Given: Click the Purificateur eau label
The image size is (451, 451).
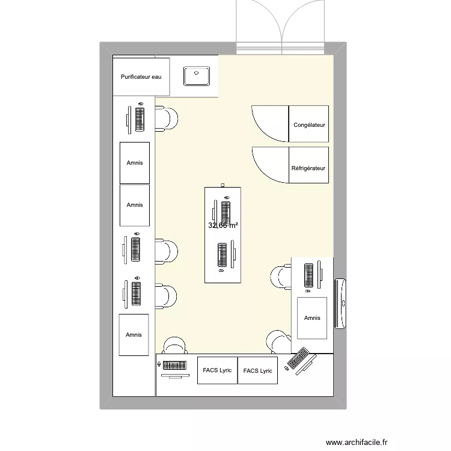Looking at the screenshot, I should (141, 77).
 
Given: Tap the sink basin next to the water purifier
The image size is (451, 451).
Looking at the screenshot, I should (197, 76).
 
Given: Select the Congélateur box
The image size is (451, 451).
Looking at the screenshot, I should (309, 124).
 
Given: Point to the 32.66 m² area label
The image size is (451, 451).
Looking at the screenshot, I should (222, 226).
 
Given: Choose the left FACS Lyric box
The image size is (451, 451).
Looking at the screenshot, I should (217, 370).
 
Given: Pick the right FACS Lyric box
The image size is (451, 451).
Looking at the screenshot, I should (257, 370).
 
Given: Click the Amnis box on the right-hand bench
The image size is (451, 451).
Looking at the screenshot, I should (312, 318).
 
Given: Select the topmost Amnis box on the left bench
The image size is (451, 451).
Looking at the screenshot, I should (135, 162).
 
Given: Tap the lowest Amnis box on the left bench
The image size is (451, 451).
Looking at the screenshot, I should (134, 334).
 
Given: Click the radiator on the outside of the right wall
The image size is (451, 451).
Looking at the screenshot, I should (341, 304).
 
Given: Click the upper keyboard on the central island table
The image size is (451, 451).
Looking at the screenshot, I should (226, 213).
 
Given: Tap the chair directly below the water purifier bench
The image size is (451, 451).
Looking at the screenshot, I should (167, 118).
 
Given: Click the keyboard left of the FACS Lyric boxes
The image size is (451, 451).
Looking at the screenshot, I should (174, 365).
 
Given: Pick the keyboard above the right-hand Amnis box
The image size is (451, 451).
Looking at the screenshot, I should (310, 275).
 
